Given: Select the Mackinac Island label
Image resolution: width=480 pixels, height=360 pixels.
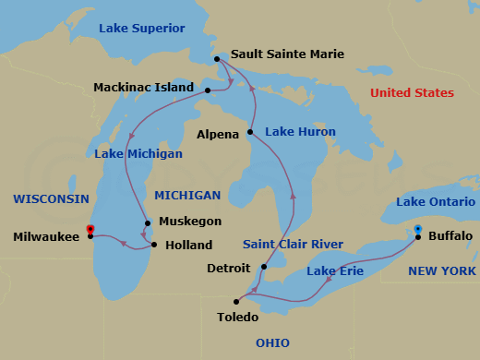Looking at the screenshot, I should pyautogui.click(x=143, y=89).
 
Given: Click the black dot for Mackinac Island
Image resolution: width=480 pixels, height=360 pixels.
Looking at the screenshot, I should pyautogui.click(x=208, y=90).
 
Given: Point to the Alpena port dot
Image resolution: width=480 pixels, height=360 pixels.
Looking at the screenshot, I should pyautogui.click(x=249, y=133).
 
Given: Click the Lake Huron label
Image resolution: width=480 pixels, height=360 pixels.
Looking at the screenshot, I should pyautogui.click(x=300, y=132).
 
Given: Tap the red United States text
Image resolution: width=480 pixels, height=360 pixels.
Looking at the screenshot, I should pyautogui.click(x=412, y=93).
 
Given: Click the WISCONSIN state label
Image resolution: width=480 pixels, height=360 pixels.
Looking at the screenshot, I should pyautogui.click(x=51, y=198).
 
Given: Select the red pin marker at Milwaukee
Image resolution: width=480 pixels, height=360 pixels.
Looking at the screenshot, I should pyautogui.click(x=90, y=230).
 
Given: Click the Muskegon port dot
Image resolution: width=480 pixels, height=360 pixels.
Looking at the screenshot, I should pyautogui.click(x=148, y=222).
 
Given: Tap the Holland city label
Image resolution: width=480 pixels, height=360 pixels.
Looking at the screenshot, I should pyautogui.click(x=188, y=246).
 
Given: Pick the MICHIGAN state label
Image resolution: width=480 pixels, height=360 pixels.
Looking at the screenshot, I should pyautogui.click(x=187, y=196).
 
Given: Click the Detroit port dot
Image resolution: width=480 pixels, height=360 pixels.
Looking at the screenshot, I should pyautogui.click(x=263, y=268).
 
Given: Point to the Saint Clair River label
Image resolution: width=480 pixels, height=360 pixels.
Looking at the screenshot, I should pyautogui.click(x=293, y=245).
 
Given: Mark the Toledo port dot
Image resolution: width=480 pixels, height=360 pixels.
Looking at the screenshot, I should pyautogui.click(x=237, y=302).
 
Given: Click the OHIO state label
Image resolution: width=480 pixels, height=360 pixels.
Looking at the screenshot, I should pyautogui.click(x=272, y=343).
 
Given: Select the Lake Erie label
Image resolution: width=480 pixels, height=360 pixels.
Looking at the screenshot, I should pyautogui.click(x=334, y=271).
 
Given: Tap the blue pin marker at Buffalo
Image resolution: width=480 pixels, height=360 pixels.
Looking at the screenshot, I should pyautogui.click(x=417, y=230).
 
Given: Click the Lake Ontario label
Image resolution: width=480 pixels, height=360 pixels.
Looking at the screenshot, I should pyautogui.click(x=436, y=201).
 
